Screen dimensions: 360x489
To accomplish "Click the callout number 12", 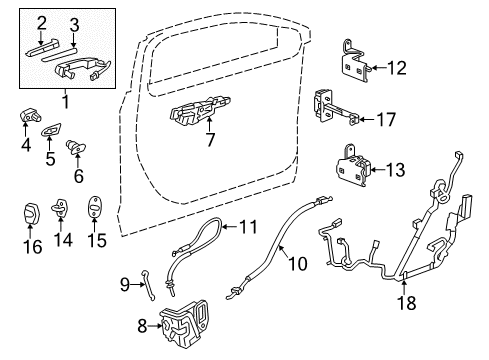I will pos(398,69).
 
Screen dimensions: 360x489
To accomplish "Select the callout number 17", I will pos(385,119).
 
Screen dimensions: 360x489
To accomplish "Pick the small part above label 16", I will pos(31,213).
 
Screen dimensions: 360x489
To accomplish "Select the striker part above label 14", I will pos(63,211).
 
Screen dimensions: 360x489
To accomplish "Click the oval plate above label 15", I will pos(95,209).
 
